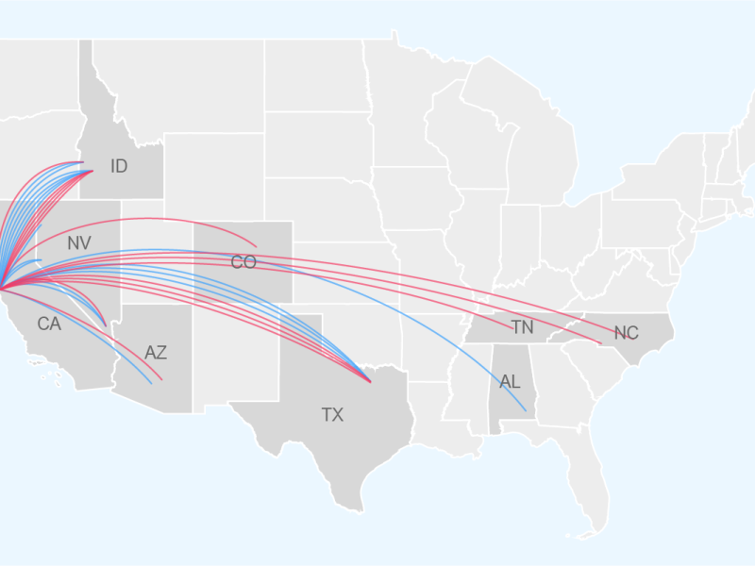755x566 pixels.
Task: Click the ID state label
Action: coord(119,167)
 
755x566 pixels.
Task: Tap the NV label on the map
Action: coord(79,243)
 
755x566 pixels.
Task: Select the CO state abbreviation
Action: coord(243,262)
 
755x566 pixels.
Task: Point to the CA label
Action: coord(49,325)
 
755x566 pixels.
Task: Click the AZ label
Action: coord(156,353)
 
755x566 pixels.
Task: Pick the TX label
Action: coord(332,414)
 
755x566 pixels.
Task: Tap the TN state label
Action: coord(522,327)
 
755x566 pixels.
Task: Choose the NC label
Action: coord(626,333)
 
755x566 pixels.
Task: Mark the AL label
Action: coord(510,382)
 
